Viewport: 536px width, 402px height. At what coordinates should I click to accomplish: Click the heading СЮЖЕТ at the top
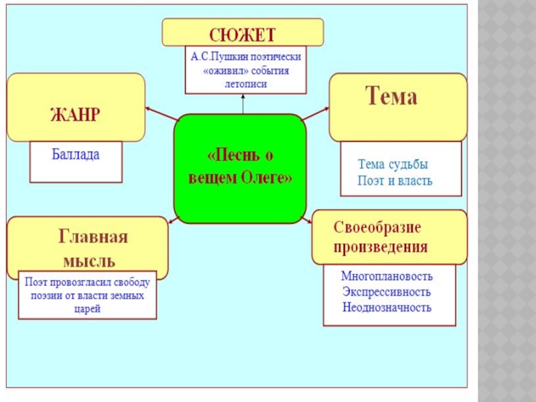[x=243, y=33]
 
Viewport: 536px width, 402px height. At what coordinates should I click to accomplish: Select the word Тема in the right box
[x=391, y=98]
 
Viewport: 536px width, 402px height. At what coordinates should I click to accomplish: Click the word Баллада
[x=76, y=155]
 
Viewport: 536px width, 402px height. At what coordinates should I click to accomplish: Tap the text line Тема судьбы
[x=393, y=165]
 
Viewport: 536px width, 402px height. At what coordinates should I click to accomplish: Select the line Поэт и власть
[x=395, y=181]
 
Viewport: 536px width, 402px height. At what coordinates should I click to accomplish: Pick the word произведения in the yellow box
[x=381, y=247]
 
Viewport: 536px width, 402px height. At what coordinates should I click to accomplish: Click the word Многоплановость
[x=387, y=276]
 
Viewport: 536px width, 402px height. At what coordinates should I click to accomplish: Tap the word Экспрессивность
[x=387, y=292]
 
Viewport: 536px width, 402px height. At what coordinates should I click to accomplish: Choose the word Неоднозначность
[x=387, y=308]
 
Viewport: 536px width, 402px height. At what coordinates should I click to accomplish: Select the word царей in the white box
[x=88, y=310]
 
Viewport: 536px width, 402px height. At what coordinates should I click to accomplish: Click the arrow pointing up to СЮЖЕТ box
[x=244, y=98]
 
